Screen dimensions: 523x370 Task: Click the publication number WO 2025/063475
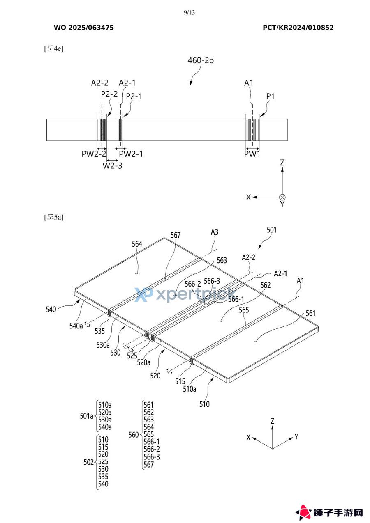coord(84,28)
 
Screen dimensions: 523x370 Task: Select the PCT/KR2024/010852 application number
coord(298,28)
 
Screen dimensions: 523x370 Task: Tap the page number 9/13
coord(189,12)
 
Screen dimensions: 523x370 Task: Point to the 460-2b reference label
coord(201,60)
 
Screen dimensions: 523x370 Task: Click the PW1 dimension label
coord(252,154)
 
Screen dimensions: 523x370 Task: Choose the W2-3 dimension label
coord(112,165)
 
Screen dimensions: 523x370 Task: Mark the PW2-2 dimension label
coord(94,154)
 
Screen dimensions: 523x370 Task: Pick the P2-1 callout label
coord(134,96)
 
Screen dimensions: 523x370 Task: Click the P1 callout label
coord(270,96)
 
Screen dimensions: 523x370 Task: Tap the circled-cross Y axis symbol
coord(282,197)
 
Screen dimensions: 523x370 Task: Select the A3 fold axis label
coord(214,232)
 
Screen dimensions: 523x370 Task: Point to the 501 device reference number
coord(272,230)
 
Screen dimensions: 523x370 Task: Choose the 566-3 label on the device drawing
coord(212,280)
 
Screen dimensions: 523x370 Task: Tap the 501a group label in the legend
coord(86,416)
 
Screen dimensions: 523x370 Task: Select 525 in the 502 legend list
coord(104,461)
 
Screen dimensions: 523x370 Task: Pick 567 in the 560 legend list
coord(148,465)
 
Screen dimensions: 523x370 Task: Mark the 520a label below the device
coord(144,362)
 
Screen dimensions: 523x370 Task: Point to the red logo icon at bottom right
coord(304,512)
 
